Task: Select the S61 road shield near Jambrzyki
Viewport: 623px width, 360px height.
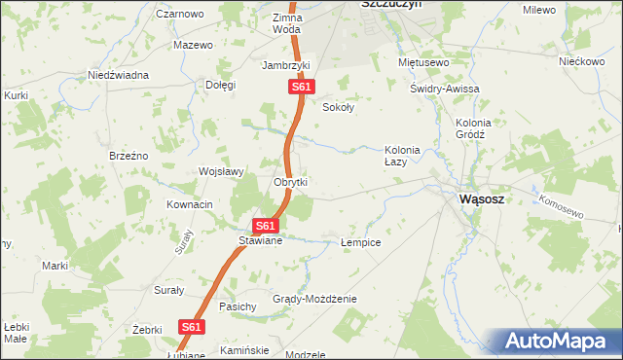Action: [x=301, y=88]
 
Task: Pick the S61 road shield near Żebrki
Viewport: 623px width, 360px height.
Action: [x=191, y=328]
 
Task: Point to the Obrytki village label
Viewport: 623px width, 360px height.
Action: [x=290, y=182]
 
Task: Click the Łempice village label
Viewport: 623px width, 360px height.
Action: [x=360, y=242]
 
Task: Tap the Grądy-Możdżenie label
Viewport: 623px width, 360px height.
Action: [x=314, y=299]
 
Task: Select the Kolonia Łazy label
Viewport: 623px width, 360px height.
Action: [x=402, y=156]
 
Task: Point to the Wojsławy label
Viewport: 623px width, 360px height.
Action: [x=220, y=171]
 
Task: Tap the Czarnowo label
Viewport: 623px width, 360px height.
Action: [x=179, y=15]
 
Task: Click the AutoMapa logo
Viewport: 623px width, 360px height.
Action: [x=556, y=342]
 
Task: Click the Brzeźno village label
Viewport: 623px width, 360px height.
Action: [x=128, y=156]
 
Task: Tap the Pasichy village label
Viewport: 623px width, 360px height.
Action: [x=238, y=306]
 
